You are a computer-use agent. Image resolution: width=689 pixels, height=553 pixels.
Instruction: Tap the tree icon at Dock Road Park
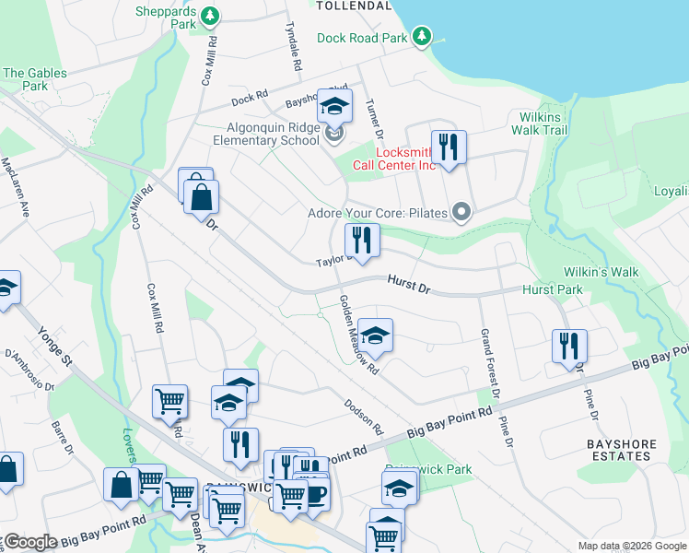point(423,36)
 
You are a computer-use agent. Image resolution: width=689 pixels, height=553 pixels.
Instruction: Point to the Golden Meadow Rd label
point(359,335)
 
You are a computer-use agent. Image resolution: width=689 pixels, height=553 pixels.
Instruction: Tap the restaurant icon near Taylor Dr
point(361,241)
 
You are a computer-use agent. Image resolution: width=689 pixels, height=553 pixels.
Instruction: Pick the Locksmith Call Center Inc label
point(403,159)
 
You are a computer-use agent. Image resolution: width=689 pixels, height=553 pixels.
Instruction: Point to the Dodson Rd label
point(363,417)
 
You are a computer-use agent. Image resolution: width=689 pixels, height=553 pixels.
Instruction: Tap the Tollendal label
point(354,6)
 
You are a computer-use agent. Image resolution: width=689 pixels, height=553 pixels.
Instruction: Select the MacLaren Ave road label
point(17,187)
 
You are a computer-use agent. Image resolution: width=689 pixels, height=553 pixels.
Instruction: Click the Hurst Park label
point(552,289)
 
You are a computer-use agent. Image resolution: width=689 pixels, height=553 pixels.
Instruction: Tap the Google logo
point(30,541)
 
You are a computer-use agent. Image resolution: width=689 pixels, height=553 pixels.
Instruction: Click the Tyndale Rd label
point(293,47)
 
